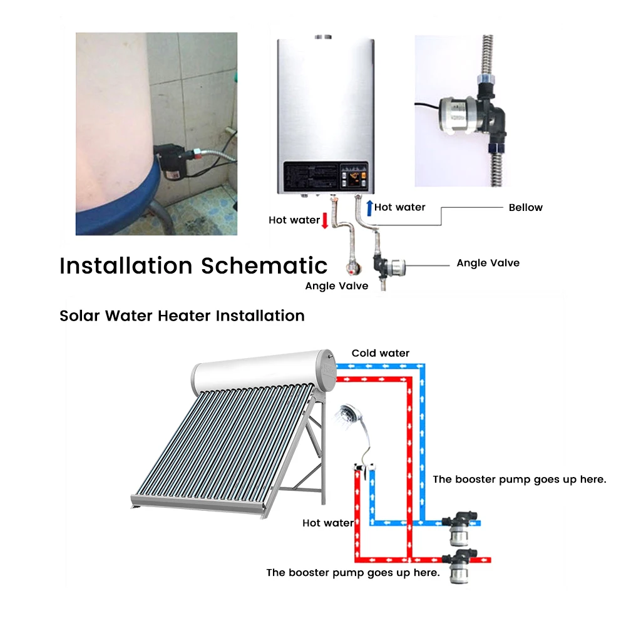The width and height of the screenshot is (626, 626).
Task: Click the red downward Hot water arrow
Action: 325,220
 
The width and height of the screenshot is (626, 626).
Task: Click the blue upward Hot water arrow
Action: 370,208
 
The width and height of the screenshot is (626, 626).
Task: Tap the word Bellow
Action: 525,208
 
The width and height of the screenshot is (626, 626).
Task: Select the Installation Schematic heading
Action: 193,265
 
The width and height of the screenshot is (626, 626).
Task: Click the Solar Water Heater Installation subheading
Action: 182,316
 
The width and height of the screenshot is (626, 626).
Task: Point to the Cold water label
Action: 381,353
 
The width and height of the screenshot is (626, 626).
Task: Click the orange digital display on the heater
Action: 354,178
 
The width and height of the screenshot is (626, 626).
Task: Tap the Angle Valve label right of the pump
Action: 488,263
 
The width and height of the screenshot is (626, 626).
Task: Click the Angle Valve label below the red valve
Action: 337,286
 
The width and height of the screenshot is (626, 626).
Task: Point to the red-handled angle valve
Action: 352,267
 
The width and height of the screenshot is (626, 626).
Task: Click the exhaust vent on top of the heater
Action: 323,37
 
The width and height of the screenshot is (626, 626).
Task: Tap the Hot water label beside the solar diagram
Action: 328,523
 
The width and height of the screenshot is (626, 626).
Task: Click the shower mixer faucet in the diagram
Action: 364,468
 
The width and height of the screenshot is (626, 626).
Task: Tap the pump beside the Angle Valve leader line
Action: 389,265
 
